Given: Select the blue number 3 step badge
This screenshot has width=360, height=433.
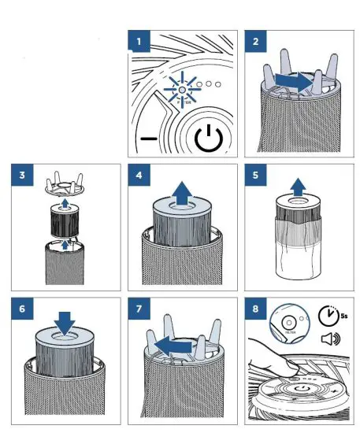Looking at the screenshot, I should click(x=22, y=173).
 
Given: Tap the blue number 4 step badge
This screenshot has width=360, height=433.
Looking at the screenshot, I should click(x=139, y=173).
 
